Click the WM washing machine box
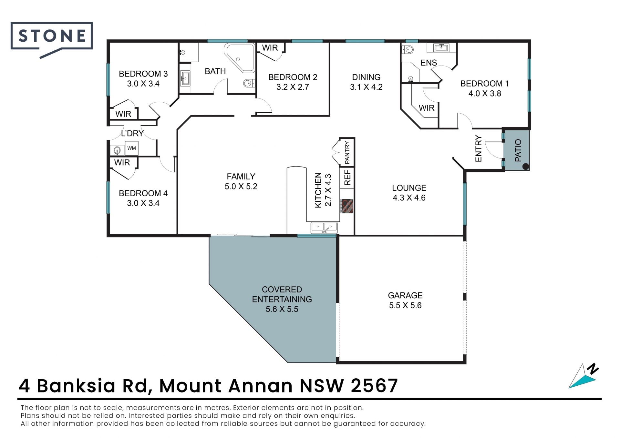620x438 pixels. tap(131, 148)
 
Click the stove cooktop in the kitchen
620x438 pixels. tap(347, 206)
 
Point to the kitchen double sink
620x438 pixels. tap(324, 228)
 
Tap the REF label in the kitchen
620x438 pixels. tap(347, 178)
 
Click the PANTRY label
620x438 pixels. tap(347, 152)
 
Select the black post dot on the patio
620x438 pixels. tap(525, 167)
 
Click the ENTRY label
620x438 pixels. tap(478, 148)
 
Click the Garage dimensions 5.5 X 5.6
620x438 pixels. tap(405, 305)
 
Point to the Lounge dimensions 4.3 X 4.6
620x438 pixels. tap(409, 198)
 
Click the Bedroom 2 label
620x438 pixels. tap(293, 77)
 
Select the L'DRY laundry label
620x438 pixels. tap(132, 133)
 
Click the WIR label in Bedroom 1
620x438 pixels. tap(427, 108)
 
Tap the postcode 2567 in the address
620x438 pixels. tap(374, 385)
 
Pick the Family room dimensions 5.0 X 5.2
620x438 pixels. tap(241, 187)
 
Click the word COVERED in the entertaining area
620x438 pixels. tap(282, 290)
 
